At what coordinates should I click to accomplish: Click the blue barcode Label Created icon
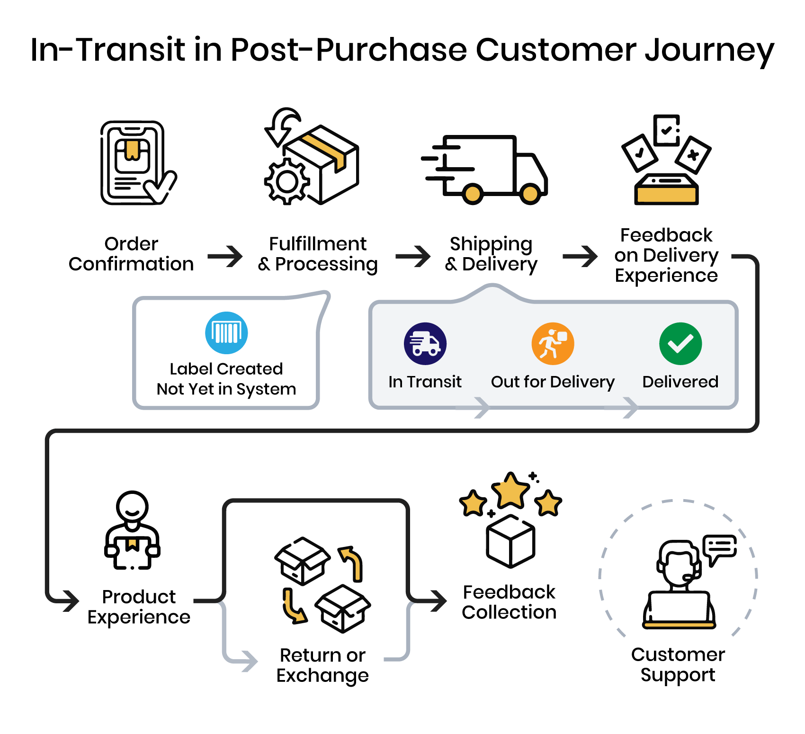point(226,332)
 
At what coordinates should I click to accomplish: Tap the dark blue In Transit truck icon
point(425,344)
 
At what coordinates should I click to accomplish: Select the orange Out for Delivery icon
point(553,344)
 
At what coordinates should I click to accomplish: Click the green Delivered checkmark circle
point(680,344)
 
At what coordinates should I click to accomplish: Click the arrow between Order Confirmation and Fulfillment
point(226,257)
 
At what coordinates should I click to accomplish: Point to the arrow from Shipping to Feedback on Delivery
point(581,257)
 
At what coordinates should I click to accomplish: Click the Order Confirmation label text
point(131,254)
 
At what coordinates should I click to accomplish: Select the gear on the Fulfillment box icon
point(287,182)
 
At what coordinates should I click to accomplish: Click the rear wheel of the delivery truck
point(472,193)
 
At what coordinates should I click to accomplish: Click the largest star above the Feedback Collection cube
point(510,491)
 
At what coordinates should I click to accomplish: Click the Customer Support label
point(678,664)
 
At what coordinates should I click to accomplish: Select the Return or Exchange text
point(322,665)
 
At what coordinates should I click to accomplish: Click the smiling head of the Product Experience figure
point(133,506)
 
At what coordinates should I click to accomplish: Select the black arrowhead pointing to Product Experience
point(71,601)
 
